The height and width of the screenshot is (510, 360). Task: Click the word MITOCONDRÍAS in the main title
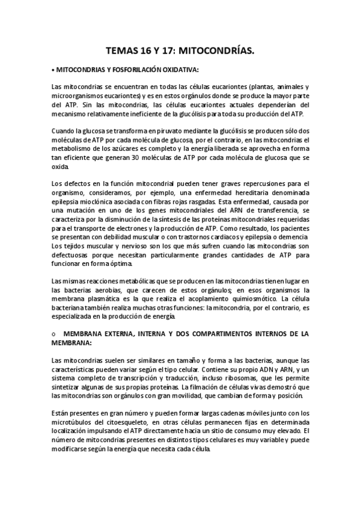(x=217, y=52)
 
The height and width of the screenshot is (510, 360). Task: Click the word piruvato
(x=153, y=131)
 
